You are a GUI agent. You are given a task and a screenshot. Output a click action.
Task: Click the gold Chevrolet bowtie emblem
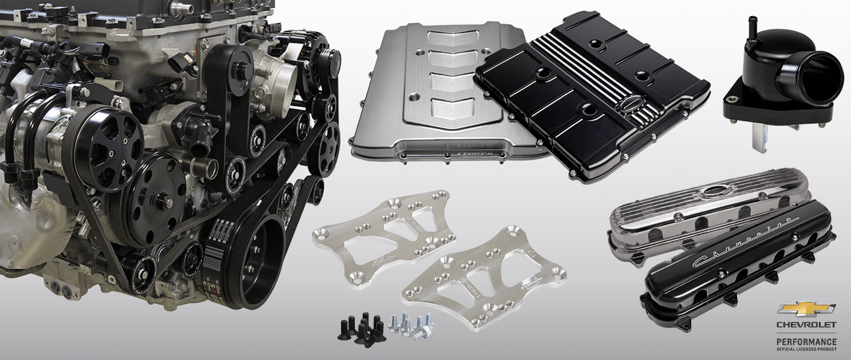point(806,310)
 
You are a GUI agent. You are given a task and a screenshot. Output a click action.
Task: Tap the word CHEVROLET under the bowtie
point(806,325)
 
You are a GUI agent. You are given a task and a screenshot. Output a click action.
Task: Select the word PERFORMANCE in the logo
point(806,342)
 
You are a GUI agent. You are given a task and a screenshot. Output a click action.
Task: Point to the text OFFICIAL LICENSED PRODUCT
point(806,350)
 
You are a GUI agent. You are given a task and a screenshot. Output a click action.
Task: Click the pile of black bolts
point(357,325)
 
